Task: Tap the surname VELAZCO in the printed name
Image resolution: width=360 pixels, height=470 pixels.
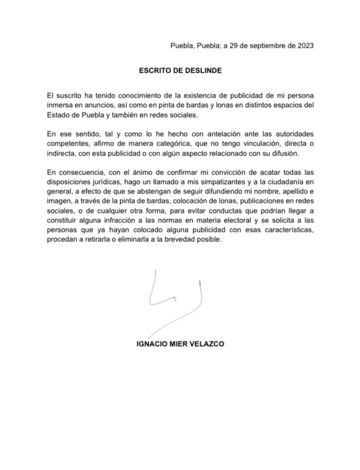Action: [x=206, y=344]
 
